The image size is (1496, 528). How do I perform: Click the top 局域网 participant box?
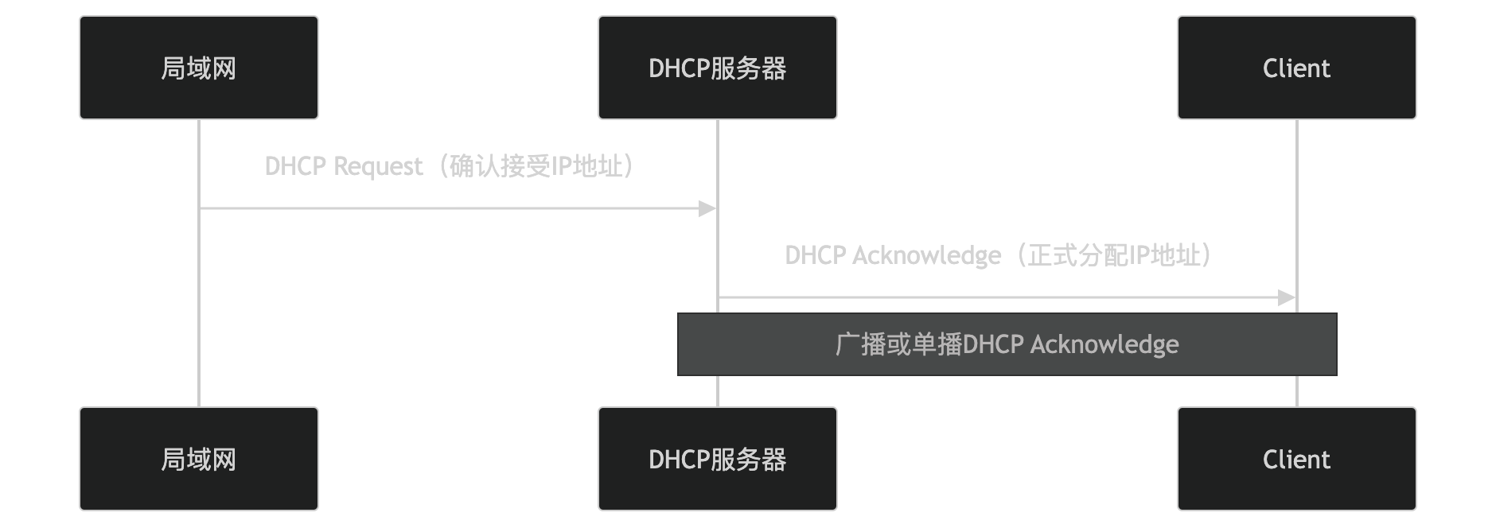199,68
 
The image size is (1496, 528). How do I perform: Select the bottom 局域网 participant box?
199,459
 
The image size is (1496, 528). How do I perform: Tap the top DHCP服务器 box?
717,68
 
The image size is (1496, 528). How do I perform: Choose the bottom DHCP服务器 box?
717,459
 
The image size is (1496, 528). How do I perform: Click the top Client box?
1296,68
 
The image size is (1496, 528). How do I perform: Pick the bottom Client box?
1296,459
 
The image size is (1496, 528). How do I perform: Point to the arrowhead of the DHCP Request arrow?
707,209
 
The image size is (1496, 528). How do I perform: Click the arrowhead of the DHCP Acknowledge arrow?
1287,298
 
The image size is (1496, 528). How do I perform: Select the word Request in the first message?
378,167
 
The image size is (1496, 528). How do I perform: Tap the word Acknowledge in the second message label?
927,256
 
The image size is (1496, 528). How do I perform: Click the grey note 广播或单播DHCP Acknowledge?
1007,344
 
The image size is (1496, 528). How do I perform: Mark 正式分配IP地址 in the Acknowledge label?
1115,256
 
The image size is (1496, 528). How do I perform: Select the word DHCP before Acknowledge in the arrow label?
816,256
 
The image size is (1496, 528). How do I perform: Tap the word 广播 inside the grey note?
861,344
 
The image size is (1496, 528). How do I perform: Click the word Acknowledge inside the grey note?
1104,344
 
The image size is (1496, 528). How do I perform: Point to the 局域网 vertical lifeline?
199,318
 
